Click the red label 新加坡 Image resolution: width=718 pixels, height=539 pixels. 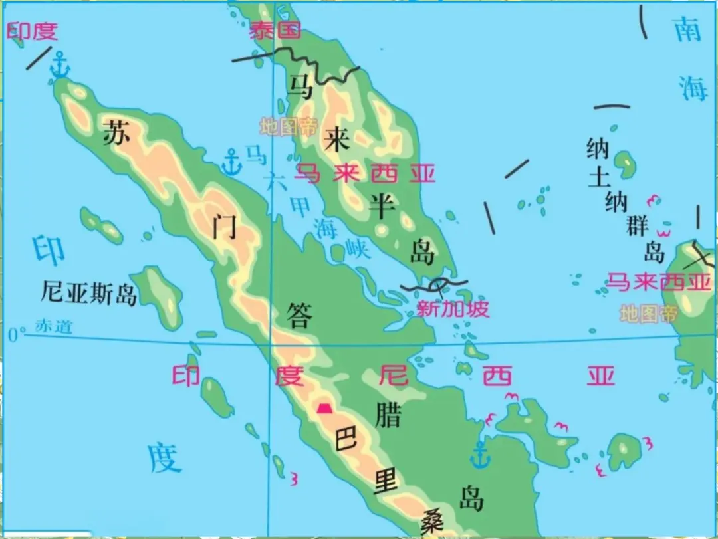(x=452, y=309)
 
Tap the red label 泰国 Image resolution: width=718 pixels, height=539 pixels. (x=275, y=30)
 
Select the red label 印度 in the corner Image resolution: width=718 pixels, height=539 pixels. (x=32, y=31)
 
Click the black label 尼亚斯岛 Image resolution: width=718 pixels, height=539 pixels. (x=88, y=292)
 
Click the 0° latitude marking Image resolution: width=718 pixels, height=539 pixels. (x=16, y=335)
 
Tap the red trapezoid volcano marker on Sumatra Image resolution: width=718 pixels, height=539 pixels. (x=324, y=408)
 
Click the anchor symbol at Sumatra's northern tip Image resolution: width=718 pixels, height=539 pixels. (x=60, y=64)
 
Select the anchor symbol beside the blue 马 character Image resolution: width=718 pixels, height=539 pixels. (x=231, y=162)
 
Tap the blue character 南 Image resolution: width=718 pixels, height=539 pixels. (x=687, y=30)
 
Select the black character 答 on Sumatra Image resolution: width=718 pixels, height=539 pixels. (x=299, y=316)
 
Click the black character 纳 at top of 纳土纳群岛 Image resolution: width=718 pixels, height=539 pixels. (x=598, y=148)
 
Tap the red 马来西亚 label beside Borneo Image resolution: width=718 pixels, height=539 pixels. (x=659, y=282)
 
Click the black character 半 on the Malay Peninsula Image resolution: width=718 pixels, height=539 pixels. (x=383, y=207)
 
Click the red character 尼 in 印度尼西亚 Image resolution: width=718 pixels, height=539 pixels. (x=392, y=376)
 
